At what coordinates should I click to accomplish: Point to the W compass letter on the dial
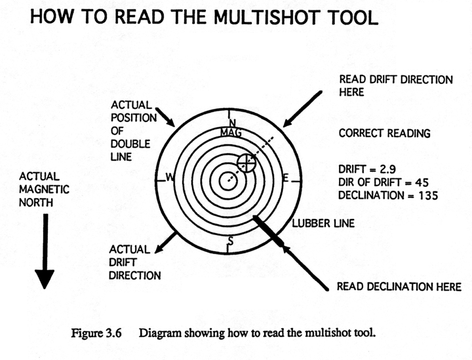[169, 178]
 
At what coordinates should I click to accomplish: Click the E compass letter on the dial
[285, 178]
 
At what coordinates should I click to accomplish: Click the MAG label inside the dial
[231, 132]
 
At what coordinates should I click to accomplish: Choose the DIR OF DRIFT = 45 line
[383, 182]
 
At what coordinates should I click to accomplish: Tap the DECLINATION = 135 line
[383, 195]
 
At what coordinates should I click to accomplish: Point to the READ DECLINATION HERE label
[399, 287]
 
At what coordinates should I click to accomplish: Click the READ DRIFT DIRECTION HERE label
[395, 86]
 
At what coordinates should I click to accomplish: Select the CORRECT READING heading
[384, 133]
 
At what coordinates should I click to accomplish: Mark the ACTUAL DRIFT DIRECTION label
[135, 263]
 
